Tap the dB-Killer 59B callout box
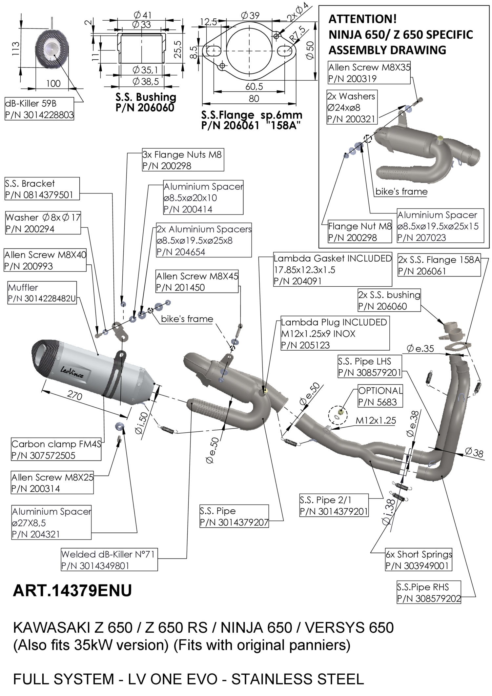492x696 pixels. [x=39, y=109]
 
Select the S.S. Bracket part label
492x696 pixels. [x=42, y=189]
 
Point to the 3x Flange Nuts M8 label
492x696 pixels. [x=183, y=160]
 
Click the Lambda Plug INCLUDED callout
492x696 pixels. [x=335, y=334]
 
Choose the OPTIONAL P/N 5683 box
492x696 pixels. [x=380, y=396]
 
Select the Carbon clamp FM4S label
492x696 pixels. [x=56, y=449]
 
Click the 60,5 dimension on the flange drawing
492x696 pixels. [x=254, y=87]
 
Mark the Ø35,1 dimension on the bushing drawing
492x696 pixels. [x=145, y=70]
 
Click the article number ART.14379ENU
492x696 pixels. [x=72, y=591]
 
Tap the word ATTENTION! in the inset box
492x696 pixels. [x=362, y=19]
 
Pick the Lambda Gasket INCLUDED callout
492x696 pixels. [x=333, y=270]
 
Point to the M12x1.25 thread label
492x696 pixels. [x=376, y=420]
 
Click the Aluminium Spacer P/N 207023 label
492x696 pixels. [x=440, y=226]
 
